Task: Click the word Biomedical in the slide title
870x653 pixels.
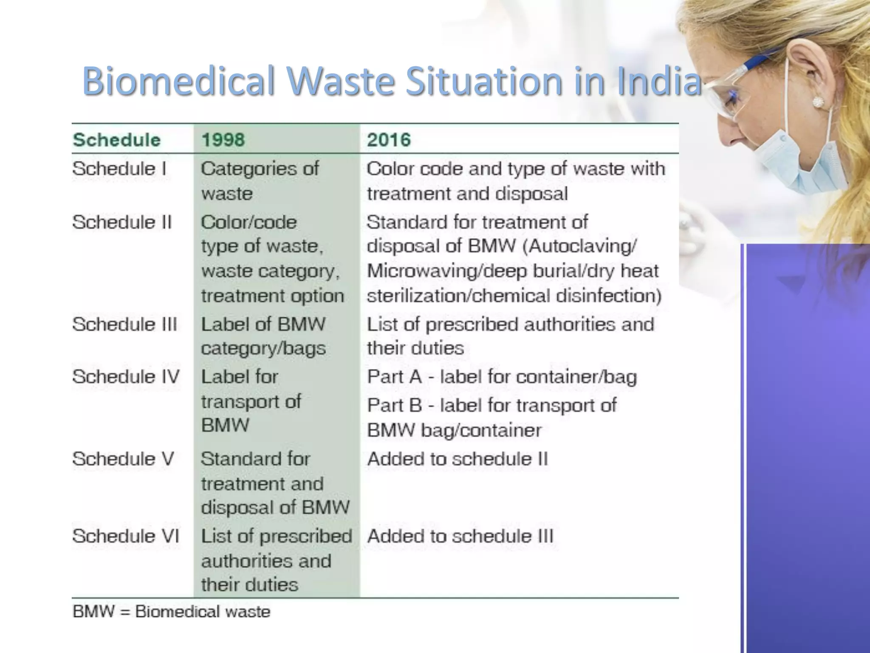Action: (x=178, y=81)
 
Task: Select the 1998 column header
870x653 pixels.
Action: (x=223, y=140)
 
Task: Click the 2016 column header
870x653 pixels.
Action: (x=389, y=140)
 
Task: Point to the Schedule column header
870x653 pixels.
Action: (x=116, y=140)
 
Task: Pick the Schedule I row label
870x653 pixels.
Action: (x=119, y=169)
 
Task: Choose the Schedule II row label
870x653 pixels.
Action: (x=122, y=222)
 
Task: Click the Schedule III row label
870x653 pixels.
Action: (x=124, y=324)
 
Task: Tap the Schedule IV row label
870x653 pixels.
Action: (x=126, y=377)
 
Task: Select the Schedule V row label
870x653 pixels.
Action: (x=123, y=459)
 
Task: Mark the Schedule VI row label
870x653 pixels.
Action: (x=126, y=536)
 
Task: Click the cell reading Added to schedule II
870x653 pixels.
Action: (x=458, y=459)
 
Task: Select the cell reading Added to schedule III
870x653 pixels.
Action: (x=460, y=536)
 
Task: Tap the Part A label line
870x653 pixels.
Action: (x=502, y=377)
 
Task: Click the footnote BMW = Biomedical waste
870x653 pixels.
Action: (x=172, y=612)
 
